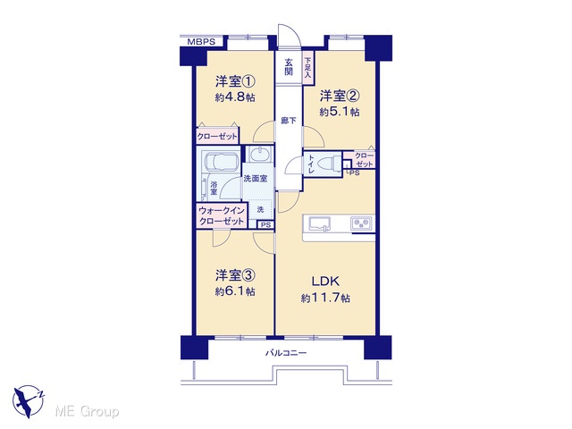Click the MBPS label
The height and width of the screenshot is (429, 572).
tap(201, 42)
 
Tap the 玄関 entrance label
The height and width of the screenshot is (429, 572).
tap(289, 66)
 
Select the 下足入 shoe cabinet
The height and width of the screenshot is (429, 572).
tap(308, 68)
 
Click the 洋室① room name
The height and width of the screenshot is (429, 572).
tap(235, 81)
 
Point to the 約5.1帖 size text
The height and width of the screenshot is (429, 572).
tap(340, 112)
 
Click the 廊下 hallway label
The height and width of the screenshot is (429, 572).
tap(289, 121)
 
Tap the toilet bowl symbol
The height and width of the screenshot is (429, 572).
tap(330, 164)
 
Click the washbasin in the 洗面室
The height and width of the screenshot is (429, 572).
tap(259, 154)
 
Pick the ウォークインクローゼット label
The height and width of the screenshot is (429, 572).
tap(222, 215)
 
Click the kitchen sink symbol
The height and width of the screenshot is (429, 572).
tap(320, 223)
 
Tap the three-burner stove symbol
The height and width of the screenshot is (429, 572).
tap(361, 223)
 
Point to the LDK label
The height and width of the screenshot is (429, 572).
tap(325, 282)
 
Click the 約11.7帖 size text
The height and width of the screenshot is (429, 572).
tap(325, 299)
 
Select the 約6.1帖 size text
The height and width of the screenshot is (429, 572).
tap(235, 292)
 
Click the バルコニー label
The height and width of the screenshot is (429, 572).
tap(286, 353)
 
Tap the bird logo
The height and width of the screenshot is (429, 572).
tap(29, 401)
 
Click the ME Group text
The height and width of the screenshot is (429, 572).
tap(87, 412)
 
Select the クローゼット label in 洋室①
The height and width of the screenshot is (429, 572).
tap(217, 137)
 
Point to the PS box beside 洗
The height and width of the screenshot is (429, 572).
tap(266, 225)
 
